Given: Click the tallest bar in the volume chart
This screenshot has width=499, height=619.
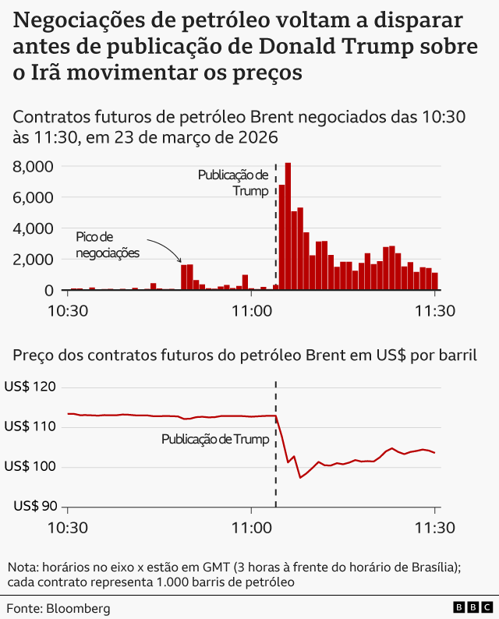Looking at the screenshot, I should point(288,226).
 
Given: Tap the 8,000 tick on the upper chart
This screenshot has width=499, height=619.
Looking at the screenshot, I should point(33,167).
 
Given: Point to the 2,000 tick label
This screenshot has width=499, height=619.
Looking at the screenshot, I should point(33,259).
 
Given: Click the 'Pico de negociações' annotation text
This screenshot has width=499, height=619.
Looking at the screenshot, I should point(107,245).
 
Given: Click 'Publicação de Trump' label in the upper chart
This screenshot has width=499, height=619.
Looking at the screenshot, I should point(233,182).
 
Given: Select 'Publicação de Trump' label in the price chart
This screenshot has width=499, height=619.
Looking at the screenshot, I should point(215,440).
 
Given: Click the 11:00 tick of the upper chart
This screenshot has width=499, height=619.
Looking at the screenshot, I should point(250,310).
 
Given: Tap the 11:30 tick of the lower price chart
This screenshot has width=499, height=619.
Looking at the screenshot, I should point(434,526).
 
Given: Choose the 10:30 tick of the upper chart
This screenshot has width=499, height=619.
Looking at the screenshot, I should point(68,310).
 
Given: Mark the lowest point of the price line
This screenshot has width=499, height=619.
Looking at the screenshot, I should point(301,477).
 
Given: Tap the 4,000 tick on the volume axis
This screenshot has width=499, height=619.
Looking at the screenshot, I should point(33,228).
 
